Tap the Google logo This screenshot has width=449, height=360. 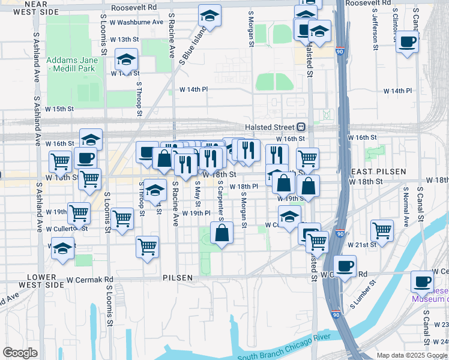20,353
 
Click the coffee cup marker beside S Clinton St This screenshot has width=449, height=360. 408,41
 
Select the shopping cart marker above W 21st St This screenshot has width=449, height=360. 382,229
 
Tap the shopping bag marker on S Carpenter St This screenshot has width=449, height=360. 221,233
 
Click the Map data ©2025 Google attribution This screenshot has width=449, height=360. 412,355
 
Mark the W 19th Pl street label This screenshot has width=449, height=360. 196,213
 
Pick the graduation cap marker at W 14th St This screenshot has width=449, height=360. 127,60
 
